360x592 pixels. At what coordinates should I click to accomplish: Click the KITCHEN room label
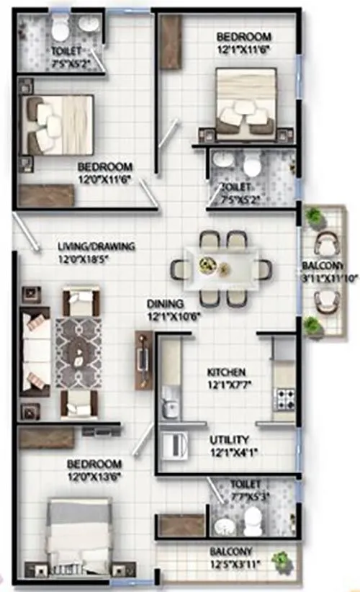[227, 372]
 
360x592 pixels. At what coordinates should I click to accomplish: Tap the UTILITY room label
[230, 439]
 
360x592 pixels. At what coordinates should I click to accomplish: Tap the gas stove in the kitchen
[284, 395]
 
